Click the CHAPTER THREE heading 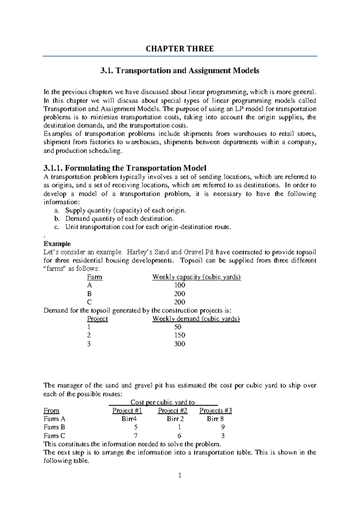(180, 49)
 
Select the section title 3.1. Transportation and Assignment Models (180, 71)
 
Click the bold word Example (57, 244)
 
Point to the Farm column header (94, 277)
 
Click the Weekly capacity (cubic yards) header (196, 277)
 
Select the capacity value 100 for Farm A (180, 285)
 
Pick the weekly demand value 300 (180, 344)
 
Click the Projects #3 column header (216, 411)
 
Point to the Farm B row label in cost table (54, 427)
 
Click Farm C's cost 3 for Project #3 (223, 435)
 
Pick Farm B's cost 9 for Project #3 (223, 427)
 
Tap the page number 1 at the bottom (180, 476)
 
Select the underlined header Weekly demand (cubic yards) (196, 319)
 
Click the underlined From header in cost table (51, 411)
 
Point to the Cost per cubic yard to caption (163, 402)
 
